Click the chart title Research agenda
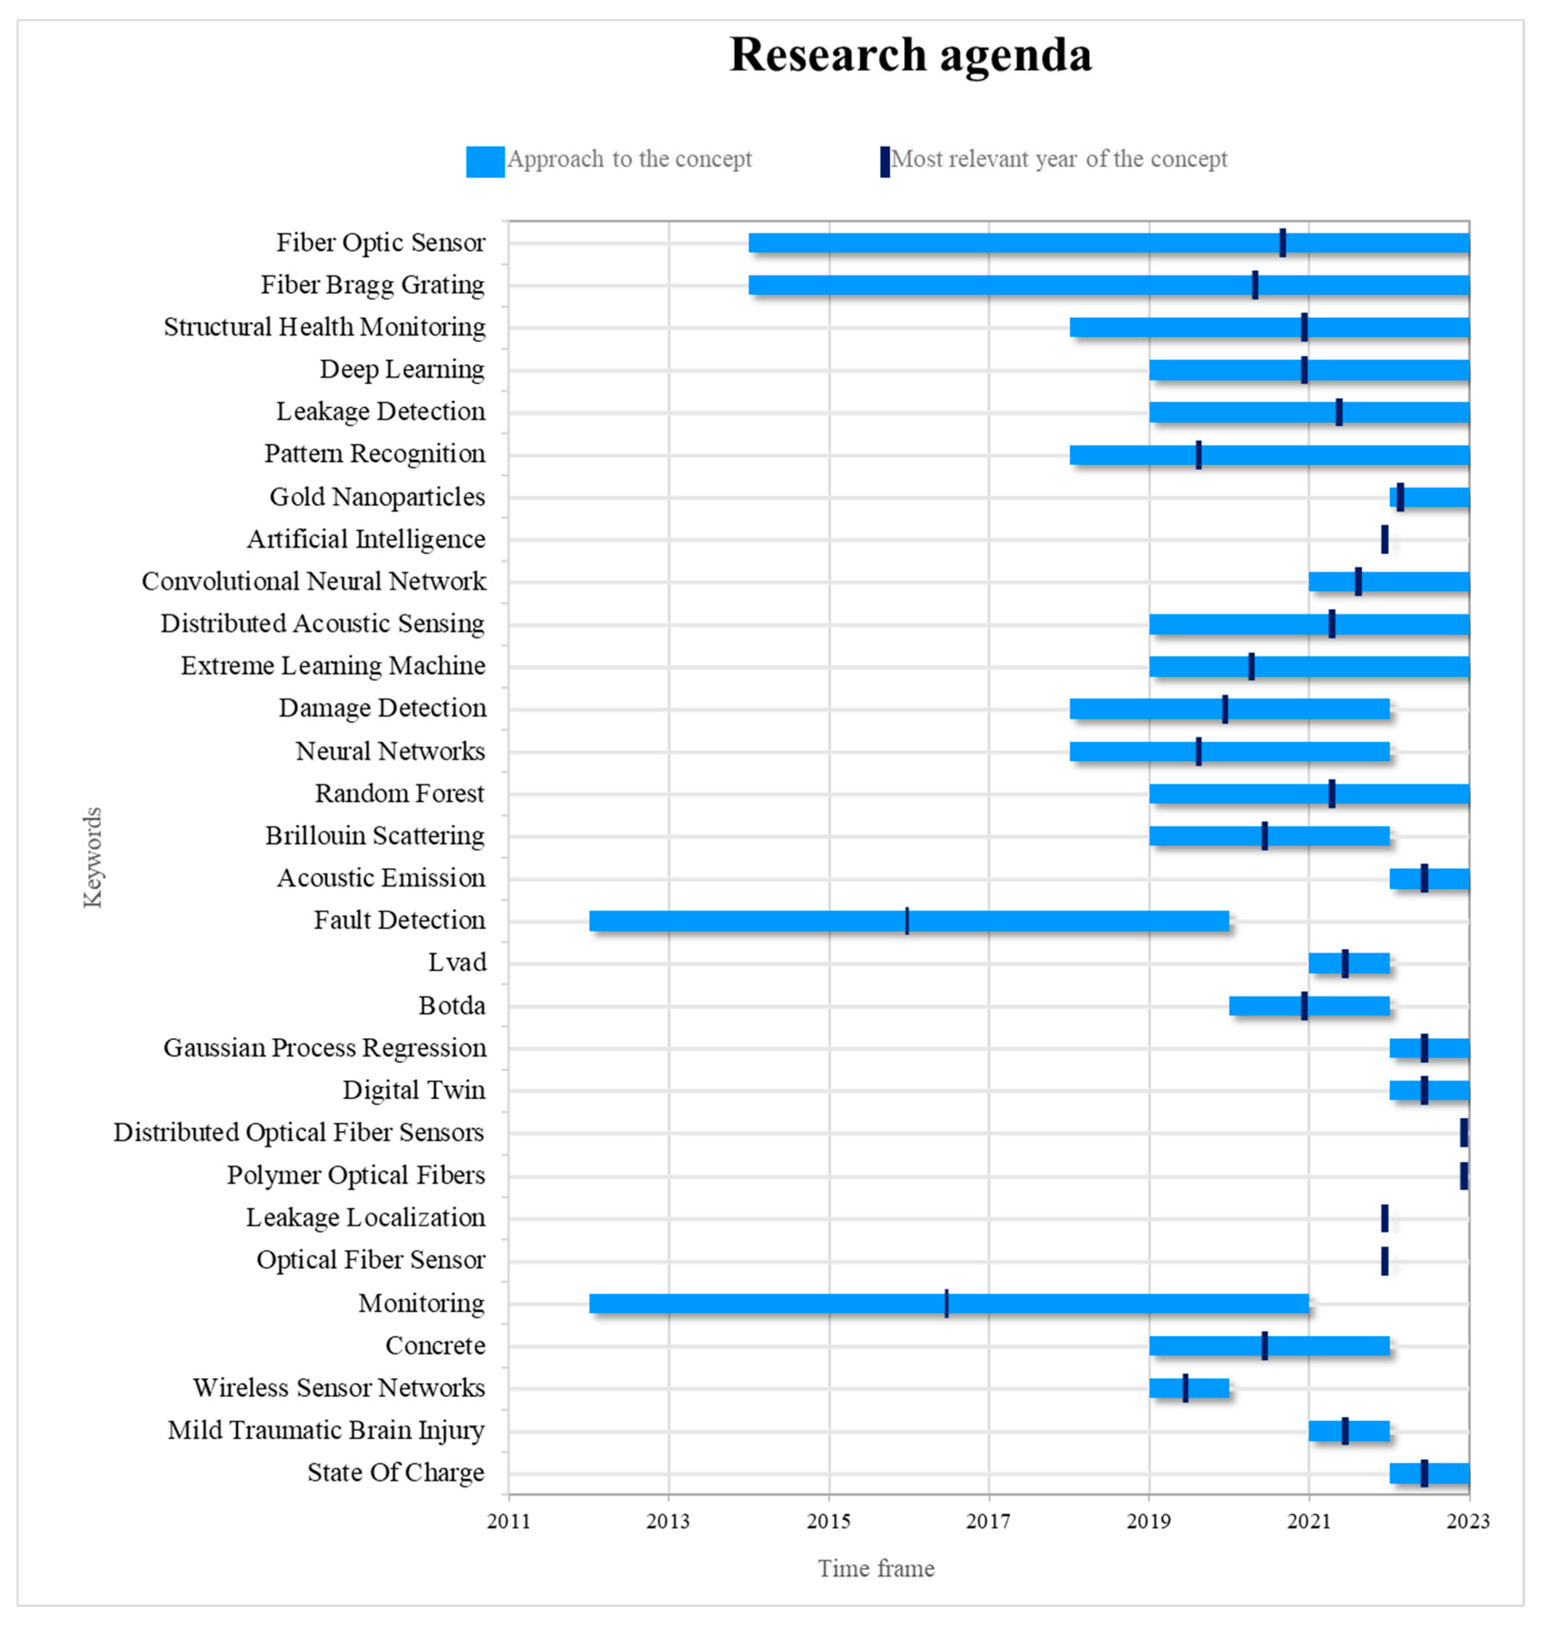pos(910,56)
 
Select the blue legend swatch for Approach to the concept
pos(485,162)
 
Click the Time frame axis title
pos(876,1569)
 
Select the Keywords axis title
pos(93,857)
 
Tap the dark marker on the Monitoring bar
pos(946,1303)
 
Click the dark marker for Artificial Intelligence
pos(1384,540)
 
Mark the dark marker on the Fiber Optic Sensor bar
pos(1282,243)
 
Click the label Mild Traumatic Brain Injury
pos(326,1430)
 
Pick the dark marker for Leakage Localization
pos(1384,1218)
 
